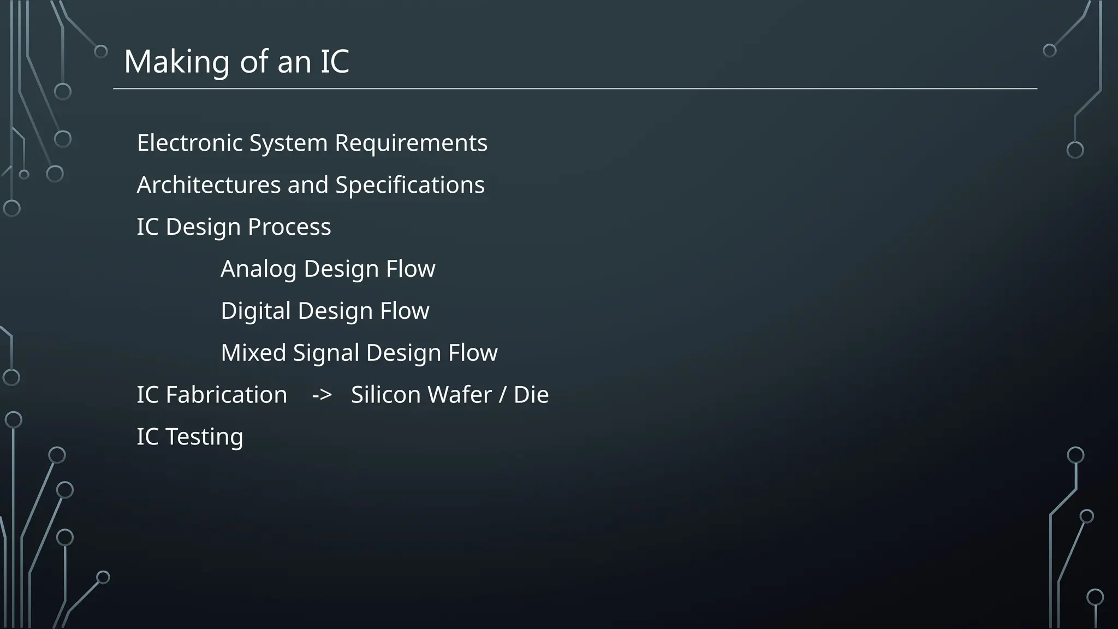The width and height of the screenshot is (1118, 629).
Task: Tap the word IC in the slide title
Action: pos(334,62)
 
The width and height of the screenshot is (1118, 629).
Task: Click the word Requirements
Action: pos(411,143)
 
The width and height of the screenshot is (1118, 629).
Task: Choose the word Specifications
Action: pos(409,185)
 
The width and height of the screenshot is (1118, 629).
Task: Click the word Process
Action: pos(289,227)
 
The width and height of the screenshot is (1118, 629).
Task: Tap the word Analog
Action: pos(258,269)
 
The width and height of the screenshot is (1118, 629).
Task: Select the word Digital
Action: pos(255,311)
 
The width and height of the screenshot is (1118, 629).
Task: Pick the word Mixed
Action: pos(253,353)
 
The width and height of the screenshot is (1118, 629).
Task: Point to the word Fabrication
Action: pos(226,395)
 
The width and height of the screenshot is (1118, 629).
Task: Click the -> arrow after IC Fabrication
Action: pos(322,395)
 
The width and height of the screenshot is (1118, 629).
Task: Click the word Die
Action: pos(531,395)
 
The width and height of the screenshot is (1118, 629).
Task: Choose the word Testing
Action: pos(204,437)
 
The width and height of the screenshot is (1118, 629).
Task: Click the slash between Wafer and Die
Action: pos(502,395)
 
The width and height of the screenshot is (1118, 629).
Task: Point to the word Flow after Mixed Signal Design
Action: pos(473,353)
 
